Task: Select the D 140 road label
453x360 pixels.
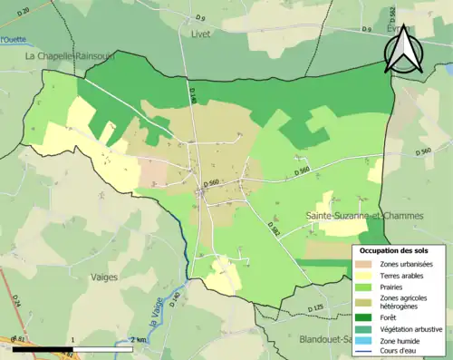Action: (x=193, y=93)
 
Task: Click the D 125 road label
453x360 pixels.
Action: (x=315, y=308)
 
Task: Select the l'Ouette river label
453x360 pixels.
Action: (x=14, y=40)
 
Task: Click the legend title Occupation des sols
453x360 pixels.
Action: (x=400, y=249)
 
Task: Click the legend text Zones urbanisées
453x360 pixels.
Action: (x=407, y=263)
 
